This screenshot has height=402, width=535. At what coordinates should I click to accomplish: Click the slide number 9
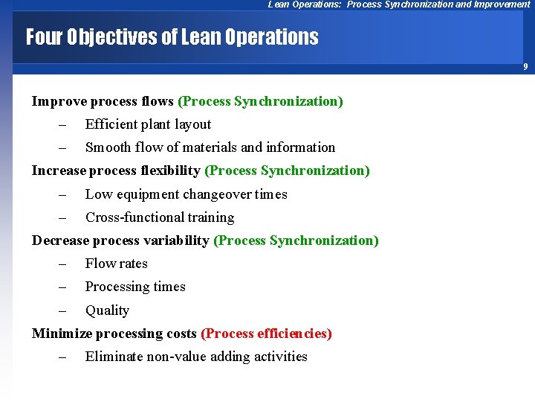tap(525, 67)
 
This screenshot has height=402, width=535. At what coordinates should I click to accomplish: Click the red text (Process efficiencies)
tap(266, 334)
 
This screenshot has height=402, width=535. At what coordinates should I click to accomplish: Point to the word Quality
tap(107, 310)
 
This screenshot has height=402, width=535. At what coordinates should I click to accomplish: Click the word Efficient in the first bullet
tap(110, 124)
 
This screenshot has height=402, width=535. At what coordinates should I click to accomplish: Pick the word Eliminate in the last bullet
tap(114, 357)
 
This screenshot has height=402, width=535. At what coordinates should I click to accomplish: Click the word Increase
tap(59, 170)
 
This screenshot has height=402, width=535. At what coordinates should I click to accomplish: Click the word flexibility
tap(170, 170)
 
